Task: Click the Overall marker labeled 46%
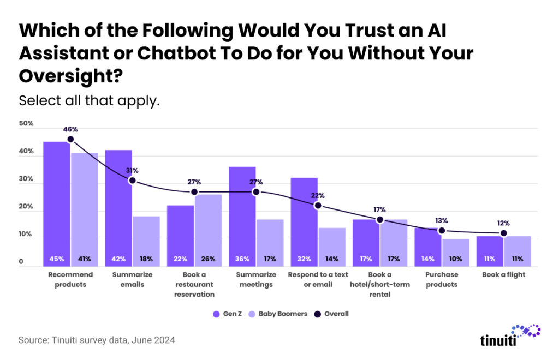[x=70, y=140]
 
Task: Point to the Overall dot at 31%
[x=132, y=181]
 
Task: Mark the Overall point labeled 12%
[x=503, y=233]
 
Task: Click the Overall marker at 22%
[x=318, y=206]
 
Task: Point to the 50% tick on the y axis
[x=26, y=124]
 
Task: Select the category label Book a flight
[x=503, y=274]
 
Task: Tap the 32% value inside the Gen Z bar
[x=304, y=259]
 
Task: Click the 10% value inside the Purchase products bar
[x=455, y=259]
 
